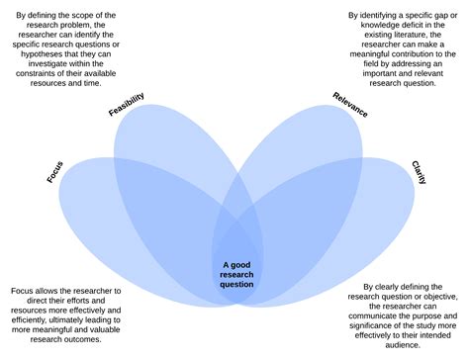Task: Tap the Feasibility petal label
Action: click(x=126, y=104)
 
